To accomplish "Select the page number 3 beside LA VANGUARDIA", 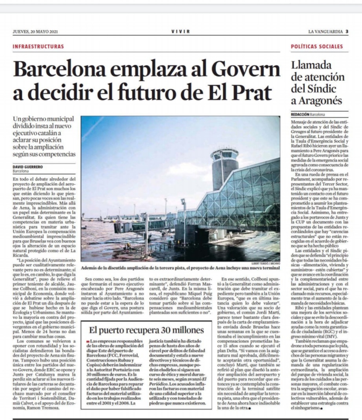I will (347, 31).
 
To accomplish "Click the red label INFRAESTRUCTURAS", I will (38, 47).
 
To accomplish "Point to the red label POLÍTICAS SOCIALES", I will (317, 47).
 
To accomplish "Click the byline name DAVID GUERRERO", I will (28, 167).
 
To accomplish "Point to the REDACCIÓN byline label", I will (300, 115).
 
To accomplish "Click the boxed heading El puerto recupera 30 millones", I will (146, 330).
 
